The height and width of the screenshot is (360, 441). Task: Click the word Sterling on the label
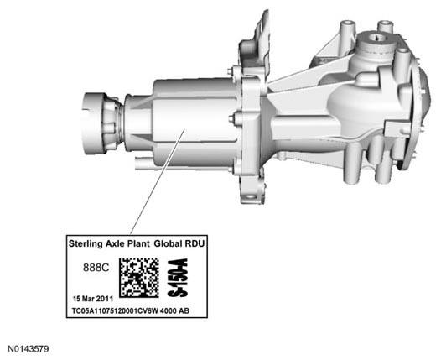tap(84, 243)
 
